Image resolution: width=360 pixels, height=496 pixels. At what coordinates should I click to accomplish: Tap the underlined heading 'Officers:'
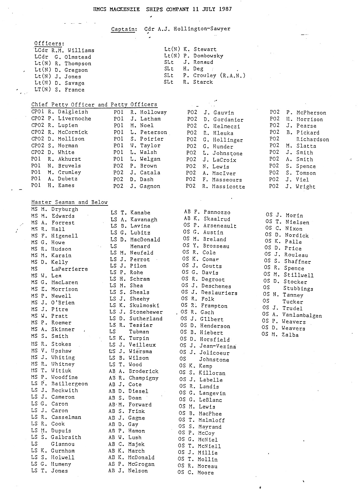click(x=49, y=43)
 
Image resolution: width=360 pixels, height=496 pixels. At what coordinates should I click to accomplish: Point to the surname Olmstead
click(x=77, y=57)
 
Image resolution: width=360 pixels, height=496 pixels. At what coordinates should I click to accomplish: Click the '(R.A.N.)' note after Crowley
click(x=232, y=76)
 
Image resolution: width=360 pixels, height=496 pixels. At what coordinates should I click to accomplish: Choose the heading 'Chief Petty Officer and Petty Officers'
click(x=94, y=105)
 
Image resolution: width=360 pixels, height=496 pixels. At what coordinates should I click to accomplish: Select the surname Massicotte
click(x=229, y=187)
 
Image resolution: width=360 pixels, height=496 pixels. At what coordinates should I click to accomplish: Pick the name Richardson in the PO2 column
click(x=313, y=139)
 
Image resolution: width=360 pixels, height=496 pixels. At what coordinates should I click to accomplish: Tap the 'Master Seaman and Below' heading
click(x=69, y=202)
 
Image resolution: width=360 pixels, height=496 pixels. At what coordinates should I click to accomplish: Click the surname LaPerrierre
click(x=69, y=269)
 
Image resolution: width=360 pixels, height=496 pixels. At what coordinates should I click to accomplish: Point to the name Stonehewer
click(x=146, y=312)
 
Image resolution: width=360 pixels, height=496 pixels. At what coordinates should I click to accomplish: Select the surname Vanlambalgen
click(x=302, y=315)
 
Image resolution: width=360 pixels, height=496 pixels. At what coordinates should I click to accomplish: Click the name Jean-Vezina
click(x=218, y=346)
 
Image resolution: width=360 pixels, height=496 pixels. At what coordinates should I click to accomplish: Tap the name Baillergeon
click(x=69, y=384)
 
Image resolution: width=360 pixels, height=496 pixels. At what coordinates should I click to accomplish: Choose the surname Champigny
click(x=143, y=378)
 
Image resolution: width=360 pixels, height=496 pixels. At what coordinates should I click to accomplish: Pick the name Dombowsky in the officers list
click(x=208, y=56)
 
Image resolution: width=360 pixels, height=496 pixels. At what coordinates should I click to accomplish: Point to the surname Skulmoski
click(x=144, y=306)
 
